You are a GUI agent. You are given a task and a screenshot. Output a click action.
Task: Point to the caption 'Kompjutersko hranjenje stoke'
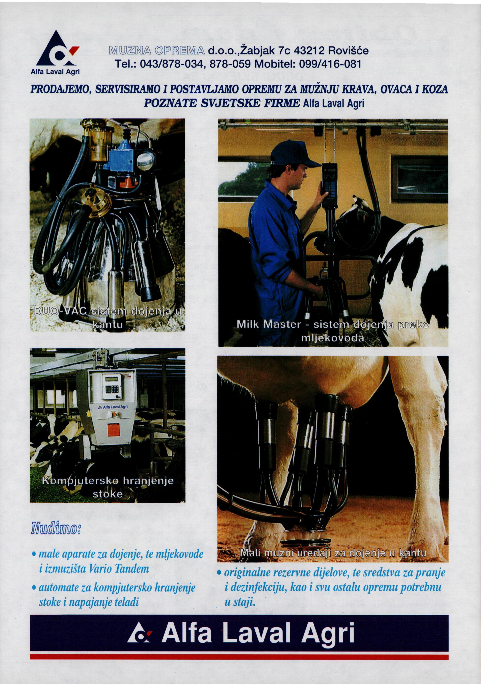(x=108, y=487)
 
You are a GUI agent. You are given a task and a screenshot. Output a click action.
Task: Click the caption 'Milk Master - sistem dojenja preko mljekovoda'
(x=333, y=331)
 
